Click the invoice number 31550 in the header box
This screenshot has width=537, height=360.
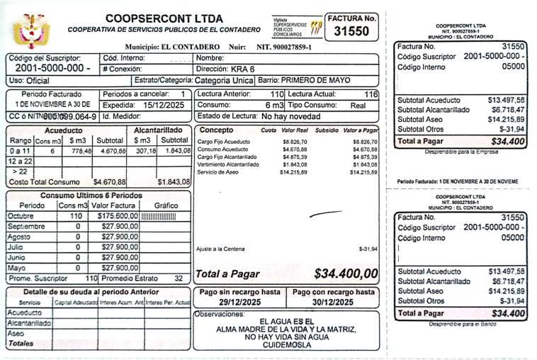351,31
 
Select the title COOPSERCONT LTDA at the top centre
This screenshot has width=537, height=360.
164,18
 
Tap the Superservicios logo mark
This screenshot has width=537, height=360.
314,28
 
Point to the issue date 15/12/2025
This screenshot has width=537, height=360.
163,104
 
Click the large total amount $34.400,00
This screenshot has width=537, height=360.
346,274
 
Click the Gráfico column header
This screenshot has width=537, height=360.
166,206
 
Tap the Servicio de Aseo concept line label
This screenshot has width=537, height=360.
218,172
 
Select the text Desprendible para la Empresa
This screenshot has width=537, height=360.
459,152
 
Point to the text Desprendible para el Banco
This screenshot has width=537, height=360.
459,324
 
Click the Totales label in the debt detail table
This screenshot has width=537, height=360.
21,343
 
